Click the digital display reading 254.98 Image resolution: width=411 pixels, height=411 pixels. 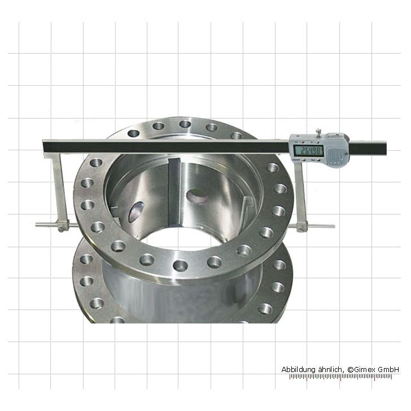click(311, 151)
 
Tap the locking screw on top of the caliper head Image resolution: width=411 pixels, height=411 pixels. click(319, 133)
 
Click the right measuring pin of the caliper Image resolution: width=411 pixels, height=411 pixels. click(322, 226)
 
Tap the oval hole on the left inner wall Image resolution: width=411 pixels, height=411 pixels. click(137, 212)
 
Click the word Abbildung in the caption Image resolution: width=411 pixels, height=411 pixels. click(299, 369)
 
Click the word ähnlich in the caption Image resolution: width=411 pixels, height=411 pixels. click(331, 369)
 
